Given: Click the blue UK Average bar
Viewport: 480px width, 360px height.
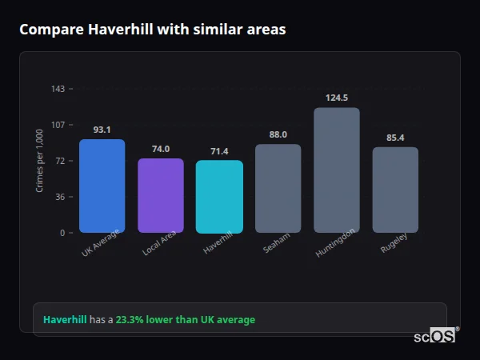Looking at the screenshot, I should [x=102, y=186].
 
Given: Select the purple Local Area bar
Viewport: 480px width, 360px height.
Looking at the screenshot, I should [x=161, y=196].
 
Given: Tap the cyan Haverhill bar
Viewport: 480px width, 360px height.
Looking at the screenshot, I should [x=219, y=197].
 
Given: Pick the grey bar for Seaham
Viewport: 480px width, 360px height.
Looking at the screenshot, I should [x=278, y=189].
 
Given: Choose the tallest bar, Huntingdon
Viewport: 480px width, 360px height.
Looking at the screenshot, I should [x=337, y=170].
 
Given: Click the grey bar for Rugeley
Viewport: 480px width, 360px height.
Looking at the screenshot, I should [x=395, y=190].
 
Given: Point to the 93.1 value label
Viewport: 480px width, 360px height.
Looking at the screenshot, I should [x=102, y=130].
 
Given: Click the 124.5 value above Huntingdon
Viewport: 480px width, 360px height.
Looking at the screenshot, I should [x=337, y=98].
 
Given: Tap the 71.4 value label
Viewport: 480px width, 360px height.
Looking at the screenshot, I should [x=219, y=151].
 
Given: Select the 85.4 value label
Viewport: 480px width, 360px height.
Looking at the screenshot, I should [x=395, y=138].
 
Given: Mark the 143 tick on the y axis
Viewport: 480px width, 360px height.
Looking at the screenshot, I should [x=58, y=89].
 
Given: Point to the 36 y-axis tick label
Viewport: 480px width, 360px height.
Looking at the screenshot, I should [x=60, y=197].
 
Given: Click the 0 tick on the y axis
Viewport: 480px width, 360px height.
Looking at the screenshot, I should [x=62, y=233].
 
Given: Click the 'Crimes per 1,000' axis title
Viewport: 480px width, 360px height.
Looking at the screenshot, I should [x=40, y=161].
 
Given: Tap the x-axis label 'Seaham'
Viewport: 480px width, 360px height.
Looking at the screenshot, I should [x=277, y=244].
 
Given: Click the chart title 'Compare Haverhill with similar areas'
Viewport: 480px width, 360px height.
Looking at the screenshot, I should [x=152, y=30].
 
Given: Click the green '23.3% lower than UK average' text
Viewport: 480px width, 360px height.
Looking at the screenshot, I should [x=185, y=320].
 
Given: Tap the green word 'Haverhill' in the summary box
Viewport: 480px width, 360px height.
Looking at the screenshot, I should [x=65, y=320].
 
